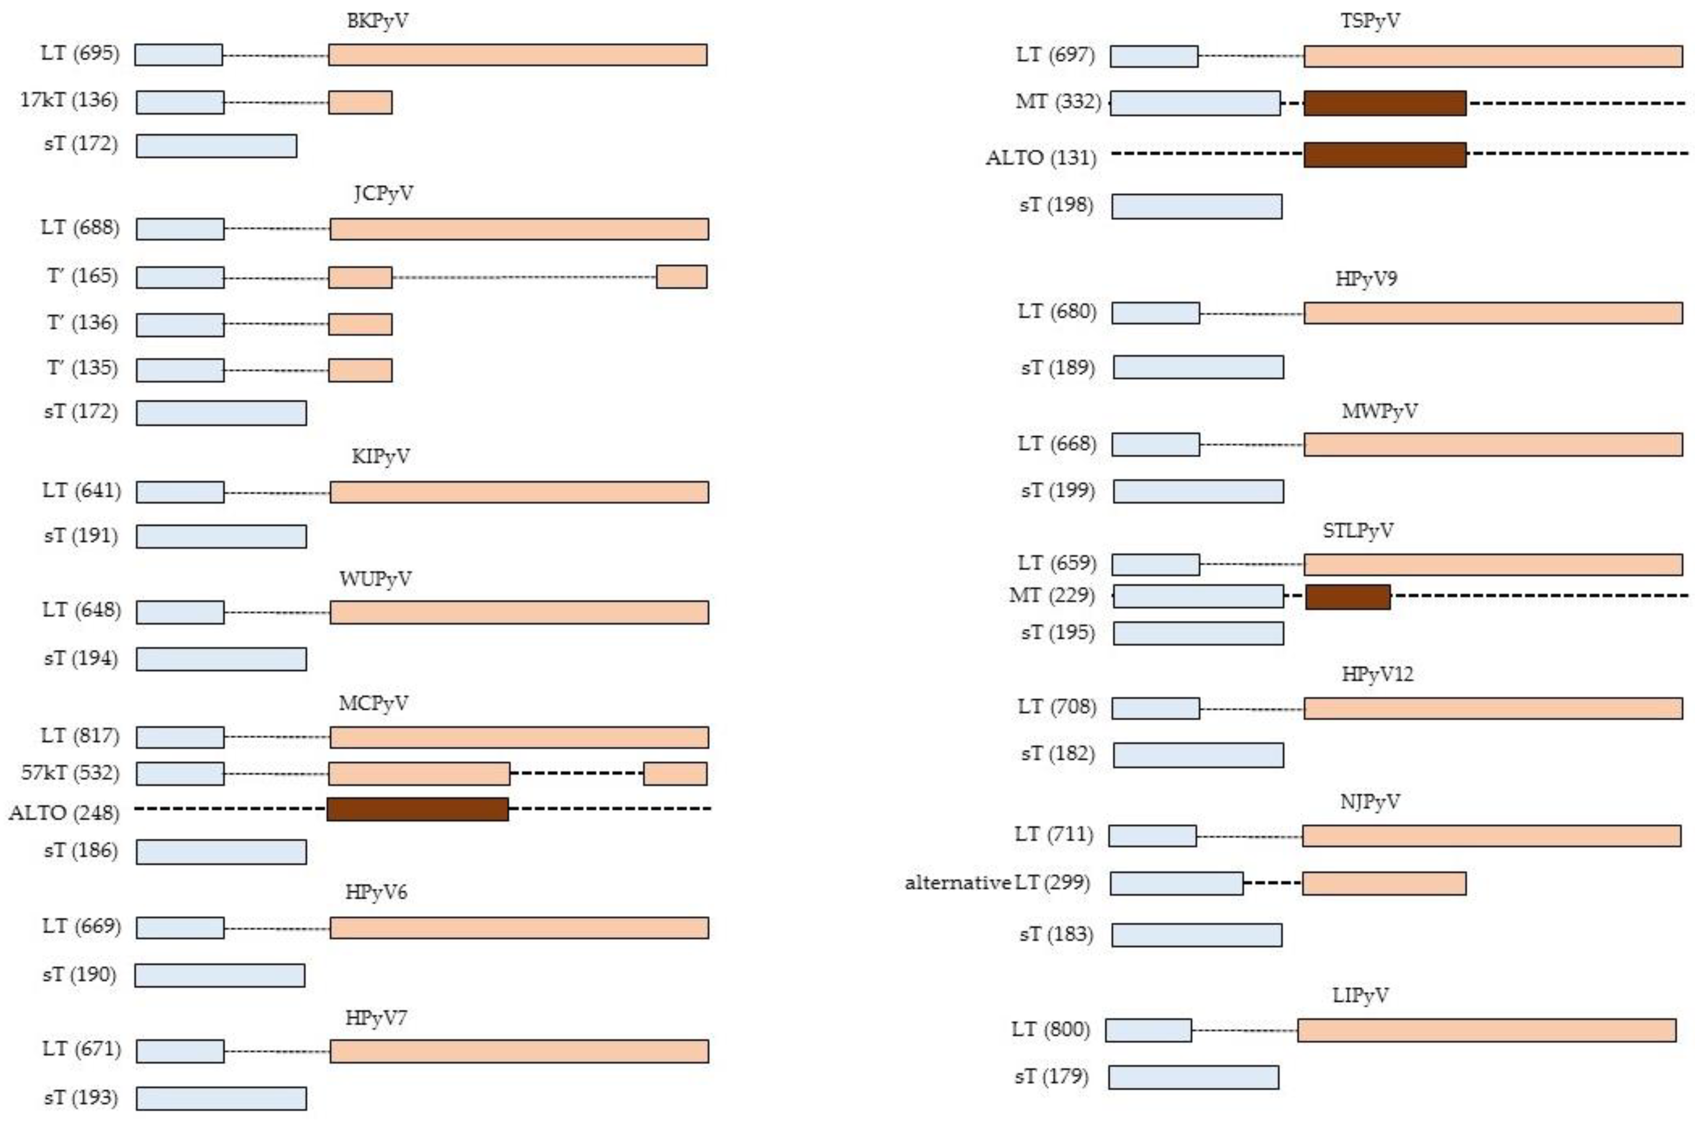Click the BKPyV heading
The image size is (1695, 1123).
pos(378,21)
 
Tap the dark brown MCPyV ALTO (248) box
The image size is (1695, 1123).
pos(418,809)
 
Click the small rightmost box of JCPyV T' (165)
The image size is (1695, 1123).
pos(681,277)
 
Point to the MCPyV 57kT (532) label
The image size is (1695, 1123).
pos(70,773)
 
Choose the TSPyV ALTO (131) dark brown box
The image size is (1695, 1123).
pos(1384,155)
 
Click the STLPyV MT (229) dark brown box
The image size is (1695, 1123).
pos(1348,597)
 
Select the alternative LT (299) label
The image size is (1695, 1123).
pos(997,882)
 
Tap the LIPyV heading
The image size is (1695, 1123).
pos(1360,995)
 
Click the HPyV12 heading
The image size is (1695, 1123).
pos(1377,675)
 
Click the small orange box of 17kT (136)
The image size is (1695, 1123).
pos(360,102)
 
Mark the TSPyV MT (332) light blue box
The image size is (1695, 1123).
pos(1195,103)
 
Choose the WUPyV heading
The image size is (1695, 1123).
pos(375,579)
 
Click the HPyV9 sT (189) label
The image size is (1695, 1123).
pos(1058,368)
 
